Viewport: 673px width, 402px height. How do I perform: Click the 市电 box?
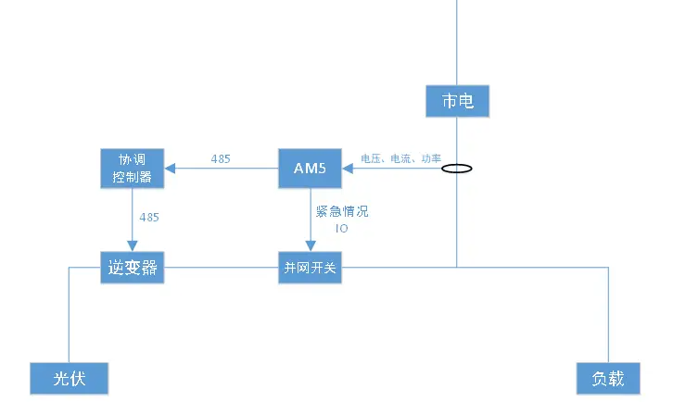click(457, 101)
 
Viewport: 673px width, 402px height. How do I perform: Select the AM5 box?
click(310, 169)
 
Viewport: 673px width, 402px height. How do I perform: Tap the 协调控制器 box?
click(133, 169)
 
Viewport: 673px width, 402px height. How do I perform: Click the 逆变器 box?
click(133, 268)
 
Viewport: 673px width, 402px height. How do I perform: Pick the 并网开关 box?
click(310, 268)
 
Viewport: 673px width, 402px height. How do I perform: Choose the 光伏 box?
click(70, 379)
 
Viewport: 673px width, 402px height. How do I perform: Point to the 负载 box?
click(608, 379)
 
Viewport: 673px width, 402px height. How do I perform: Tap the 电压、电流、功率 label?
click(400, 158)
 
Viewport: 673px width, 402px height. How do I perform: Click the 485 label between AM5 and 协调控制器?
click(221, 159)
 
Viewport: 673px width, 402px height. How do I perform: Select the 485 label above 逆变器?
click(149, 218)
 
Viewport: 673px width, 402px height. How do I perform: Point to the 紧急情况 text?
click(342, 211)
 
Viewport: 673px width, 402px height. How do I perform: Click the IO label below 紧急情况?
click(342, 229)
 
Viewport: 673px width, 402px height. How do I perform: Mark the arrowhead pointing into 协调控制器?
click(170, 169)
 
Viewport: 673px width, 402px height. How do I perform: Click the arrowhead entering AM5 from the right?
click(348, 169)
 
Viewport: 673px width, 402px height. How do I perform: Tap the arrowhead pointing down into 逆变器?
click(133, 246)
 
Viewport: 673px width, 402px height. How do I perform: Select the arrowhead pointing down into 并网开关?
click(311, 246)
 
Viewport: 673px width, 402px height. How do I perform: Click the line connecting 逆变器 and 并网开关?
click(221, 268)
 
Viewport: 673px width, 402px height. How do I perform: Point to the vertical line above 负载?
click(608, 315)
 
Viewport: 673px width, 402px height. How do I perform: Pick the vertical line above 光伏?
click(70, 315)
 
